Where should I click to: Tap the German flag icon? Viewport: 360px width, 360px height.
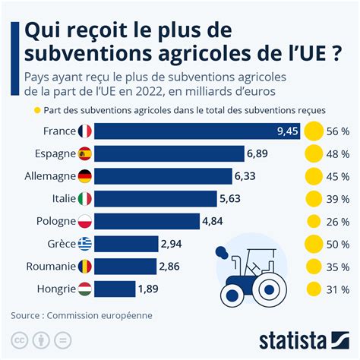[84, 177]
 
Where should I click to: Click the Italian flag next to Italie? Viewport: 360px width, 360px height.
[84, 199]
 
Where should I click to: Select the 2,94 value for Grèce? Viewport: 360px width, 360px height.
[171, 244]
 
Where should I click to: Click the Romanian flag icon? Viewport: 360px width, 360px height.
[84, 267]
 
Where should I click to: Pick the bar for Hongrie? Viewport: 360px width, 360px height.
[114, 289]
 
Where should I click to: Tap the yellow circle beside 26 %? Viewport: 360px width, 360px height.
[313, 222]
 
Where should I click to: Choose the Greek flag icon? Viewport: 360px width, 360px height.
[84, 244]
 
